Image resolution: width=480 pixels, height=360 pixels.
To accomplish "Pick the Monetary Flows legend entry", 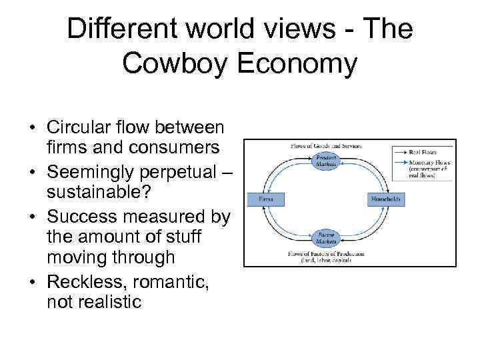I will click(x=431, y=162).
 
